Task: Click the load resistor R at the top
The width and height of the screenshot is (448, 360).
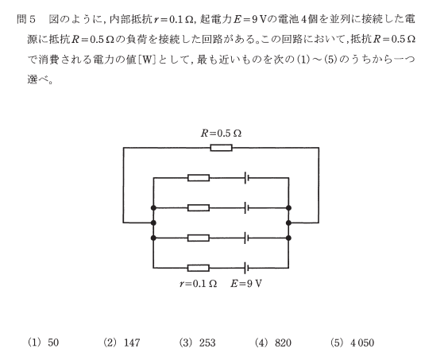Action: pyautogui.click(x=221, y=148)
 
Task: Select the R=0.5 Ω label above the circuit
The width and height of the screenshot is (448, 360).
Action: pyautogui.click(x=221, y=134)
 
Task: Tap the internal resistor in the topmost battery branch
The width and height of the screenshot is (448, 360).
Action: pyautogui.click(x=199, y=178)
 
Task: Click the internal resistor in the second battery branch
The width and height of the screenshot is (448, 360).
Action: pyautogui.click(x=199, y=208)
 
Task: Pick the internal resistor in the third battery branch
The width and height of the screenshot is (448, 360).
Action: pyautogui.click(x=199, y=238)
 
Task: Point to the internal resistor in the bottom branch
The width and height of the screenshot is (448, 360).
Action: pyautogui.click(x=199, y=268)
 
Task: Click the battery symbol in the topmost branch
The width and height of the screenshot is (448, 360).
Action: pyautogui.click(x=246, y=178)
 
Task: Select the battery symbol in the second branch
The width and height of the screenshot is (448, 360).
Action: pyautogui.click(x=246, y=208)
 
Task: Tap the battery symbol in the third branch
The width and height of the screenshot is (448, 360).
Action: pyautogui.click(x=246, y=238)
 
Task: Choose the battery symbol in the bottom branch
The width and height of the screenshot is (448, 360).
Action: pyautogui.click(x=246, y=268)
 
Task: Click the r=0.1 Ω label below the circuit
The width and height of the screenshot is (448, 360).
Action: pyautogui.click(x=198, y=284)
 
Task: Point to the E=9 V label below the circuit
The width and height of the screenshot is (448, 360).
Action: pyautogui.click(x=246, y=284)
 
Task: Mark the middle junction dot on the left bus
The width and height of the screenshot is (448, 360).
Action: pyautogui.click(x=153, y=223)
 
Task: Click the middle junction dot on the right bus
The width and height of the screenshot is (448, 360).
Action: pyautogui.click(x=288, y=223)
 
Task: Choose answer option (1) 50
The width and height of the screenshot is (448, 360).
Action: pyautogui.click(x=43, y=343)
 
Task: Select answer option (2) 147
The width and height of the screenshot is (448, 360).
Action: pyautogui.click(x=122, y=343)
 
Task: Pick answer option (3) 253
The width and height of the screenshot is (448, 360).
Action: pyautogui.click(x=198, y=343)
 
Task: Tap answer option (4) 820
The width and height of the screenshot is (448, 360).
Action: pyautogui.click(x=273, y=343)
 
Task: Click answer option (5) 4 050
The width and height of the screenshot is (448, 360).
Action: pyautogui.click(x=353, y=343)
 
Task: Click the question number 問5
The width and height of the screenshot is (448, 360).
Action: pyautogui.click(x=26, y=19)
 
